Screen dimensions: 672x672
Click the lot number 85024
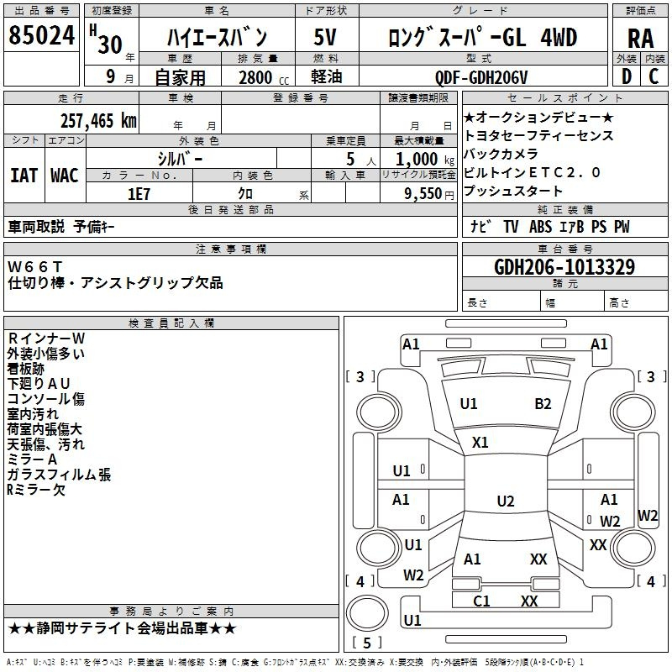41,35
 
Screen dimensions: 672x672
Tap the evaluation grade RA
640,39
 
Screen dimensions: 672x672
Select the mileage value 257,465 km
98,121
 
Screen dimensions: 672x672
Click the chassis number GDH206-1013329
564,267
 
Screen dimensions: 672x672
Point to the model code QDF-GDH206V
481,77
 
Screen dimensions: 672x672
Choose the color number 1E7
139,194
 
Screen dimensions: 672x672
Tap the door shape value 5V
325,37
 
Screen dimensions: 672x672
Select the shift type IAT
24,176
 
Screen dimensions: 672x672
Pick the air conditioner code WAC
65,176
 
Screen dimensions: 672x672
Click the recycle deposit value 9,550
423,194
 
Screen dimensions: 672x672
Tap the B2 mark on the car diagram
543,404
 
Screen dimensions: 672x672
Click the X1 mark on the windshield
480,443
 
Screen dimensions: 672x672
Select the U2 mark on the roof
506,501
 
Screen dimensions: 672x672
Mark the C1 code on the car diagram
481,601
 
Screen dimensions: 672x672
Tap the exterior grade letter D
627,76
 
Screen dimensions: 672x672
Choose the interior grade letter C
654,76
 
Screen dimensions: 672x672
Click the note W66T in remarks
34,267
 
